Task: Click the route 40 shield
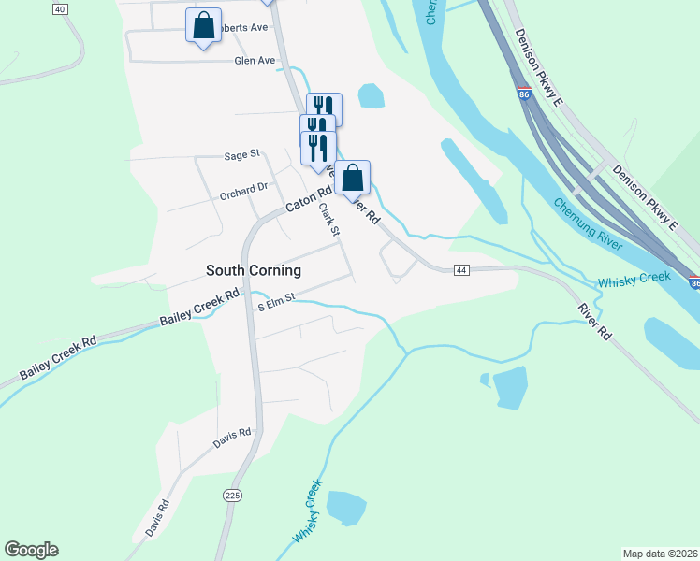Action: coord(60,8)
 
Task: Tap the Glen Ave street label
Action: coord(255,60)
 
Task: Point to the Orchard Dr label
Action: coord(243,192)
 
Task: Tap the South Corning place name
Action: coord(254,270)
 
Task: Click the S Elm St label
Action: coord(276,300)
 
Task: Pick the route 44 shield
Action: coord(460,270)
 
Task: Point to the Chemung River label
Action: coord(587,223)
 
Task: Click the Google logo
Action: coord(31,550)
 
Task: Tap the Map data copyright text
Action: coord(661,554)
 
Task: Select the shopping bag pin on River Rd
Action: coord(353,178)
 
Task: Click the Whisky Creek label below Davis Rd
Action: coord(307,512)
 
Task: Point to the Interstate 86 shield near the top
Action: coord(522,93)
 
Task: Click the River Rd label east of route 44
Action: coord(593,321)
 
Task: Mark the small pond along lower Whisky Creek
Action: coord(345,508)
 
